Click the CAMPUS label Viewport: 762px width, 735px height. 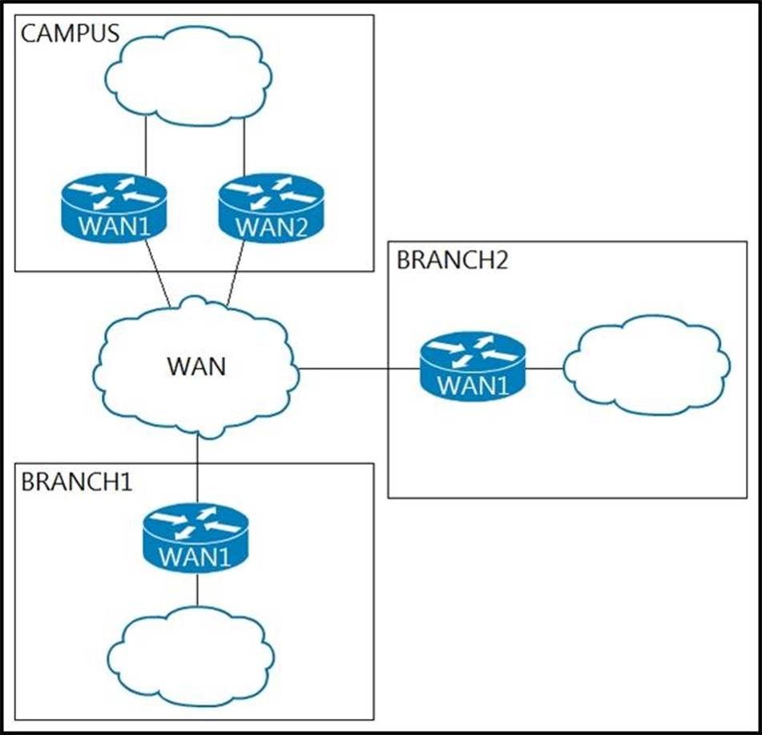coord(70,34)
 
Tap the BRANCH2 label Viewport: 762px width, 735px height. coord(452,260)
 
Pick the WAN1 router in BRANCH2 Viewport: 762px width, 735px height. coord(473,367)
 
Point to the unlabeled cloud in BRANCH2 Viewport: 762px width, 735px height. coord(647,365)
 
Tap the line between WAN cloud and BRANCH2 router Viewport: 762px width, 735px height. coord(359,369)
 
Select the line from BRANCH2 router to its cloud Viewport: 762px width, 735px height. coord(545,369)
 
